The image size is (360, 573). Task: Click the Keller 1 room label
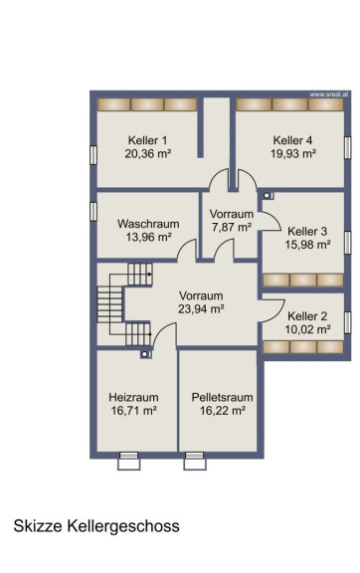click(147, 140)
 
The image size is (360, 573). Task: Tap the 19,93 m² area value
click(293, 153)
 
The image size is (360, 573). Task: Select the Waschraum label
click(148, 224)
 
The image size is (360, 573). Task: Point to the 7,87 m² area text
click(232, 227)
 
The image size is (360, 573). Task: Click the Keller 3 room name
click(307, 231)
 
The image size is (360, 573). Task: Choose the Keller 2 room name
click(307, 316)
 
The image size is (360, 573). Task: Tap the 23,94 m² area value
click(201, 309)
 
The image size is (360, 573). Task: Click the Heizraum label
click(134, 397)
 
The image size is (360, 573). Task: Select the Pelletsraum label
click(222, 397)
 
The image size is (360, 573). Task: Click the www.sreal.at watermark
click(329, 95)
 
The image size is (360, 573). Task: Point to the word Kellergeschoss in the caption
click(123, 526)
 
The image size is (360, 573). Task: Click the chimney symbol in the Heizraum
click(146, 354)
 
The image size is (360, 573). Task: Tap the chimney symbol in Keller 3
click(269, 196)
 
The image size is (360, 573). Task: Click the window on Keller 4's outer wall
click(348, 147)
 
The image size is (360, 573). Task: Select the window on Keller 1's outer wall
click(93, 155)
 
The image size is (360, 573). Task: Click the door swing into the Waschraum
click(187, 250)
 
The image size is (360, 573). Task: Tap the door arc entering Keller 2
click(272, 310)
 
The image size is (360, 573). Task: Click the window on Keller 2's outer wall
click(348, 322)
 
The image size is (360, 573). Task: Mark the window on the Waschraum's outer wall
click(93, 212)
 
